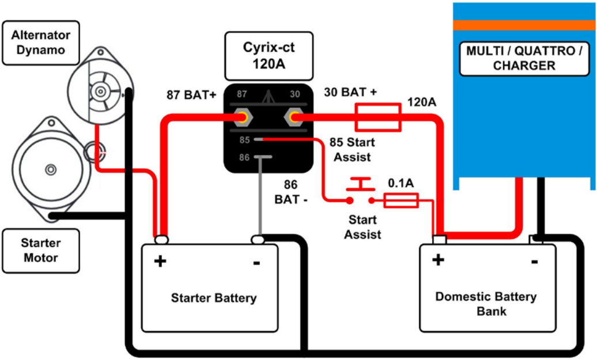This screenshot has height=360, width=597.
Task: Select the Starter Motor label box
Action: pyautogui.click(x=40, y=249)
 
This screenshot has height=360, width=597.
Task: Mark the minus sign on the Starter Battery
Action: pyautogui.click(x=256, y=262)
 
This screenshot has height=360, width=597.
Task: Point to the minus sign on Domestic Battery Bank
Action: pyautogui.click(x=534, y=261)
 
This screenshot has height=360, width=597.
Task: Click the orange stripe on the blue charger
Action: pyautogui.click(x=523, y=25)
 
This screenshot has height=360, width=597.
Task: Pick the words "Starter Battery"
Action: pyautogui.click(x=213, y=298)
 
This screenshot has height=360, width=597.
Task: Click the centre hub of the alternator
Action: pyautogui.click(x=101, y=92)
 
